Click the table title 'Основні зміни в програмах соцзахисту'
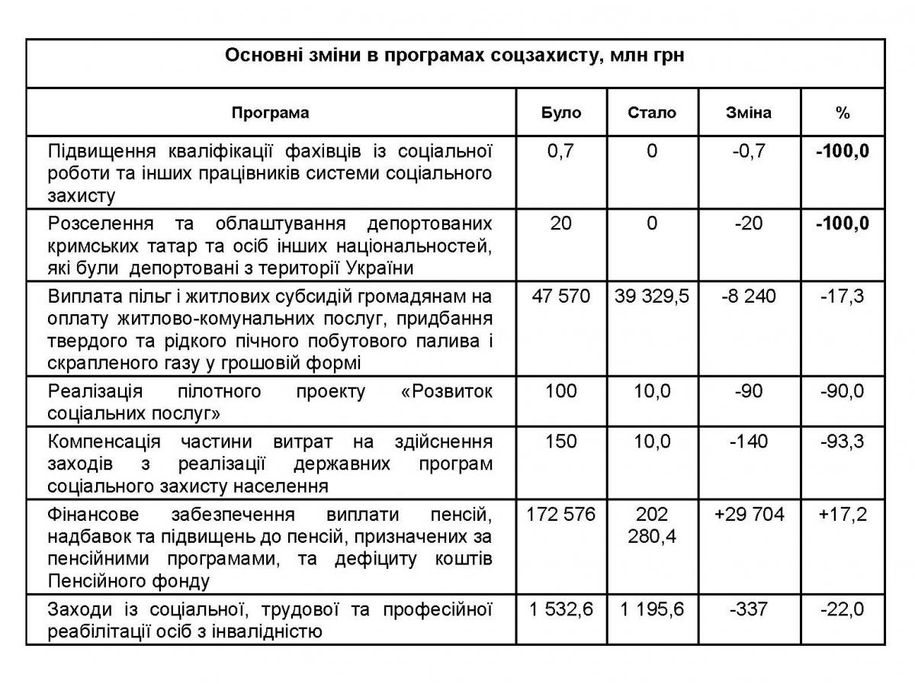point(454,57)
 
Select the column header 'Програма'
point(271,113)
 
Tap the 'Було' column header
point(561,113)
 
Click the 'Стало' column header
point(651,113)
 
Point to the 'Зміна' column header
point(748,113)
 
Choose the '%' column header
point(842,113)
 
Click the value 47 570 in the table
point(561,296)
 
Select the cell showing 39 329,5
point(651,296)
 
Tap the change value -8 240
point(748,296)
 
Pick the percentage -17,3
point(842,296)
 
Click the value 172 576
point(561,515)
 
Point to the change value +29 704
point(749,515)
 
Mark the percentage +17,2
point(842,515)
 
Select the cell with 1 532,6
point(561,609)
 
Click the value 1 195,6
point(651,609)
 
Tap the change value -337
point(748,609)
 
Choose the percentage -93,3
point(842,442)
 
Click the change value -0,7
point(748,151)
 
